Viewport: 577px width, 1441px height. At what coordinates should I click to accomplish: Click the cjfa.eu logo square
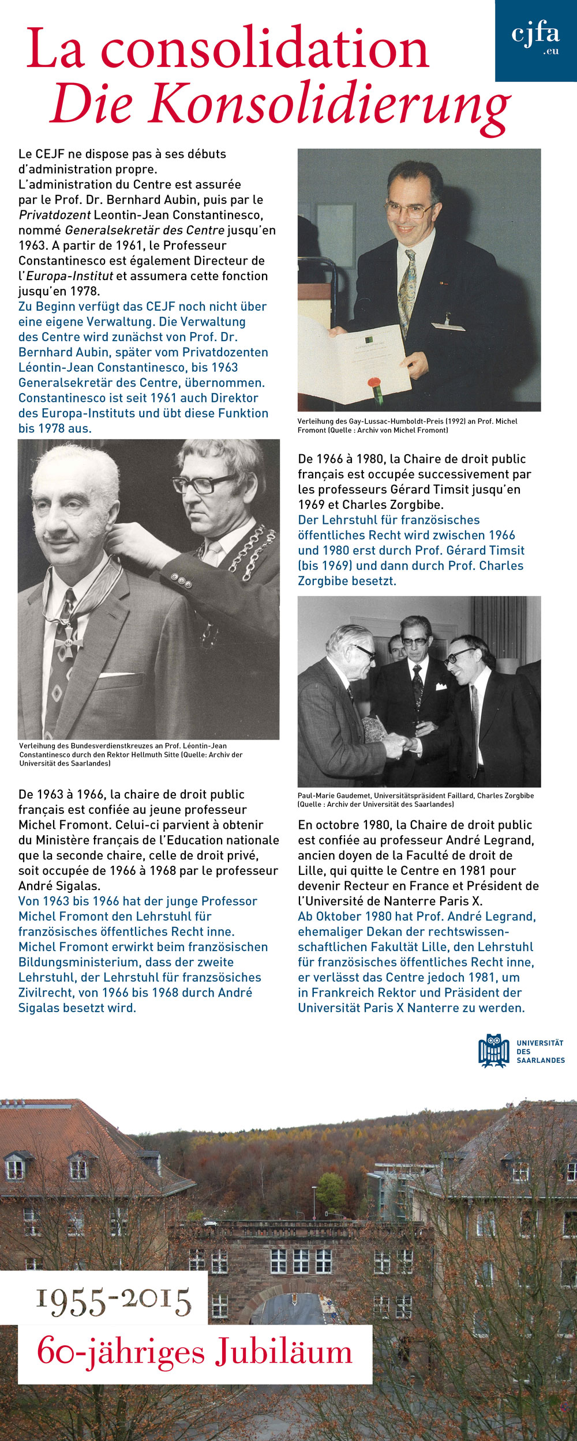[x=535, y=40]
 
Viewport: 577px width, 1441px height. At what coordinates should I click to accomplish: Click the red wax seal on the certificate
[x=374, y=383]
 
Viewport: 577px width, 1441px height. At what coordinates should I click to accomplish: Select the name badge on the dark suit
[x=448, y=326]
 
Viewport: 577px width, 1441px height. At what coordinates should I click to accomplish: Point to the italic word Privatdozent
[x=54, y=215]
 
